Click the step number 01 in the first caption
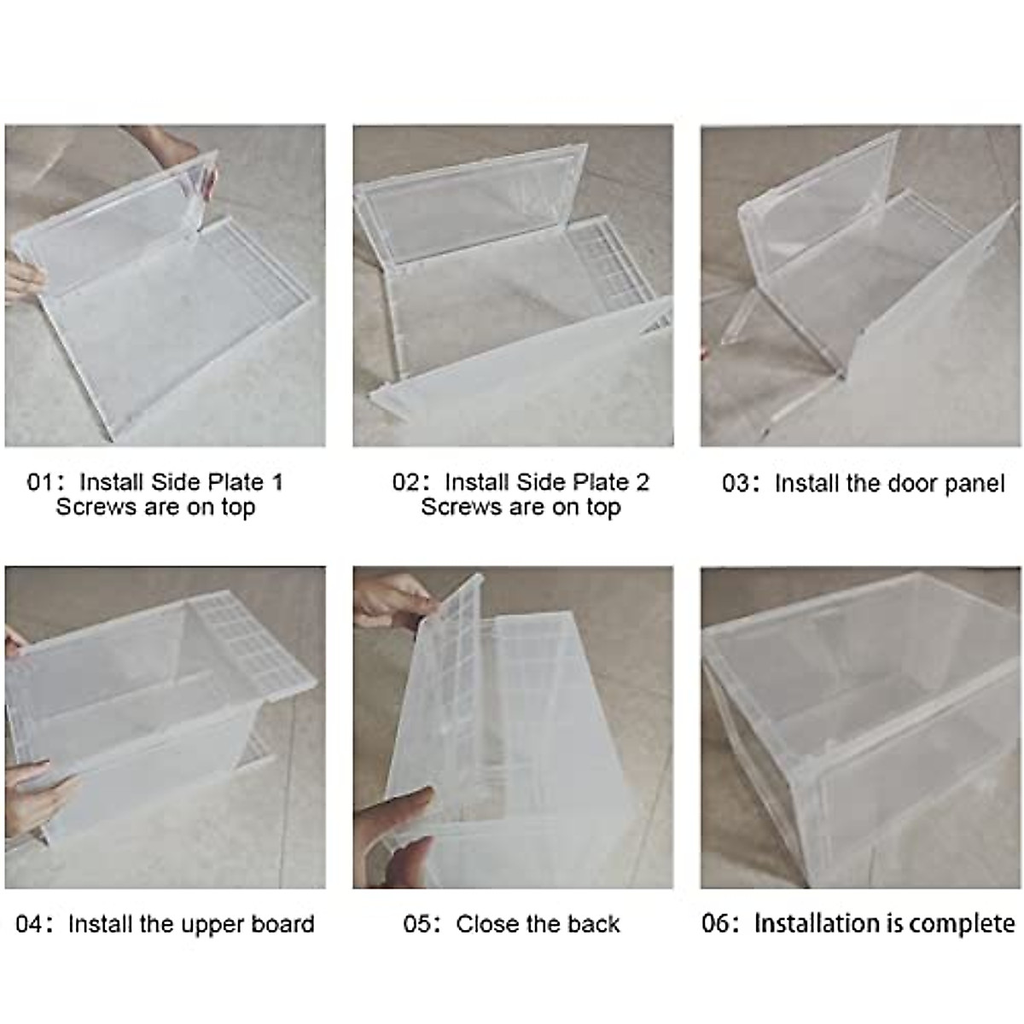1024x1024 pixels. point(40,482)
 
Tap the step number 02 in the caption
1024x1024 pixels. point(405,482)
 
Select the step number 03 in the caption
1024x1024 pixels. point(736,484)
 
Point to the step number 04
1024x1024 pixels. point(29,924)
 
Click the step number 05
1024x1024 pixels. point(416,924)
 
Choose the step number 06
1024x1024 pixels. point(715,923)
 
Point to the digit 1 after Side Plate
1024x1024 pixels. point(277,482)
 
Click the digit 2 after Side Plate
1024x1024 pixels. point(643,482)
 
